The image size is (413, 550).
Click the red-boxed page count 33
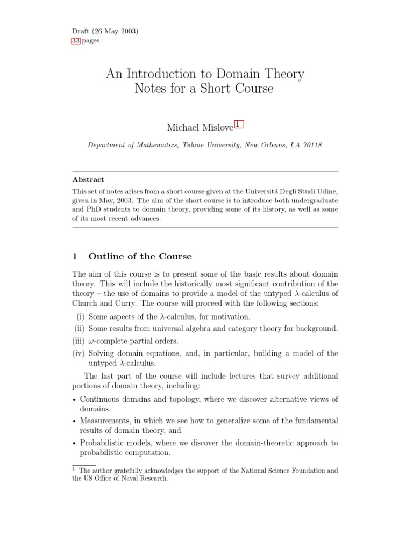(x=76, y=41)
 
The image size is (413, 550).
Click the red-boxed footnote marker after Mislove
(x=238, y=126)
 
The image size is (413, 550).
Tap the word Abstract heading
(x=88, y=179)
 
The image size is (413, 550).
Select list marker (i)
(x=81, y=317)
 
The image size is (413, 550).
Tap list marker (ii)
(x=80, y=329)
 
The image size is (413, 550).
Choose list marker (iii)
(x=79, y=341)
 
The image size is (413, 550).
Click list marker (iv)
(x=79, y=353)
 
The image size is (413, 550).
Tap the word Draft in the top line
(x=80, y=31)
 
